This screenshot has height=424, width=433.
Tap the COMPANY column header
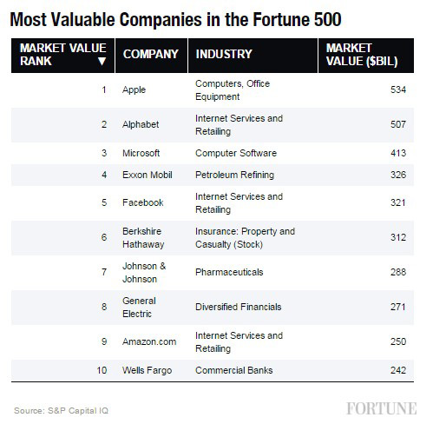[x=151, y=54]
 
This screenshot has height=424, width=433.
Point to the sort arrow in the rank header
[x=102, y=61]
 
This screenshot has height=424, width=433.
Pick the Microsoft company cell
[x=141, y=152]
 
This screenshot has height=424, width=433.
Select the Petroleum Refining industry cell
[x=234, y=175]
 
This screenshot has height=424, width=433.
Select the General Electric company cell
[x=140, y=307]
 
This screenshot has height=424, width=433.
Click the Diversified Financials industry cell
[x=241, y=307]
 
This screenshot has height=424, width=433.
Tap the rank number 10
[x=102, y=370]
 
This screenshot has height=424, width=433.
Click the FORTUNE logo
[x=383, y=408]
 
